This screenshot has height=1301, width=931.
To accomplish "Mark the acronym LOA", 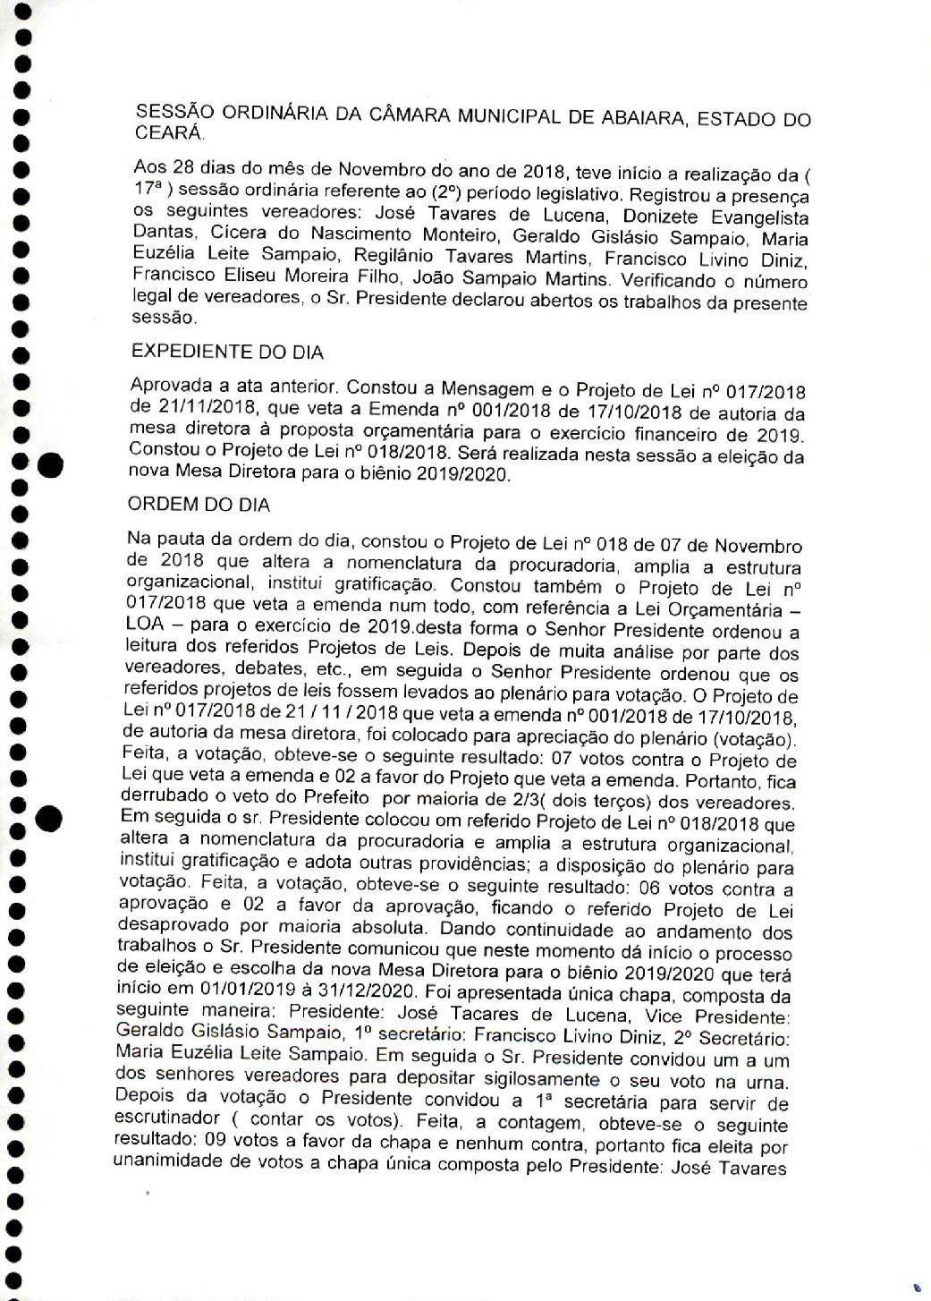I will click(x=150, y=631).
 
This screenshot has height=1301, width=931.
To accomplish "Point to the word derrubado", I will click(x=171, y=799).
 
